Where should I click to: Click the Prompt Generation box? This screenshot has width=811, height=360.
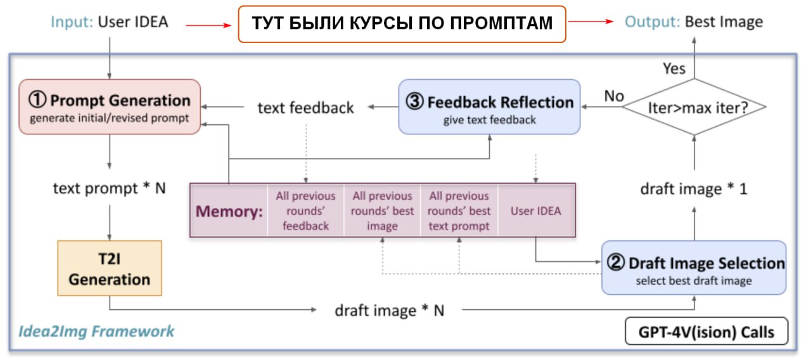[110, 106]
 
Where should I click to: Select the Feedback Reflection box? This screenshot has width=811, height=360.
[489, 106]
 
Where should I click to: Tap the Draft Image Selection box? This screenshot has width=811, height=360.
[694, 267]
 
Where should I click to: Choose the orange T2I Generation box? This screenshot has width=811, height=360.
[110, 268]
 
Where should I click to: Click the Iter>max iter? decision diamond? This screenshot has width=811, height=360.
[694, 106]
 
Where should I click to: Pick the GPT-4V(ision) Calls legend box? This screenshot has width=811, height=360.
[706, 331]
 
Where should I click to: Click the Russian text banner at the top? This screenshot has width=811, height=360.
[402, 23]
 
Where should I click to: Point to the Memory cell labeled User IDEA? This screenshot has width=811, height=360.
[536, 210]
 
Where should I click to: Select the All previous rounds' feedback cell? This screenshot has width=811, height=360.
[305, 210]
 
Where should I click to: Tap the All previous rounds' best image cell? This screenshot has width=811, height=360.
[382, 210]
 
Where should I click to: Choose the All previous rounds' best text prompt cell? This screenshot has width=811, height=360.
[459, 210]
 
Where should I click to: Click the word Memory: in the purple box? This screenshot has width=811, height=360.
[229, 211]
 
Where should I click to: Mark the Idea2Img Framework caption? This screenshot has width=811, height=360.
[96, 331]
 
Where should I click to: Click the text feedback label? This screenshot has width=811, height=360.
[305, 108]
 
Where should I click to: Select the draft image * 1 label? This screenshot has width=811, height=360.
[694, 188]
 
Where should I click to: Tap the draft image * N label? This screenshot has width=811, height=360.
[389, 311]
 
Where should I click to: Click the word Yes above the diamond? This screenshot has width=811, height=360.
[674, 68]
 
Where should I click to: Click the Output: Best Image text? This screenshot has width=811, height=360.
[694, 22]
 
